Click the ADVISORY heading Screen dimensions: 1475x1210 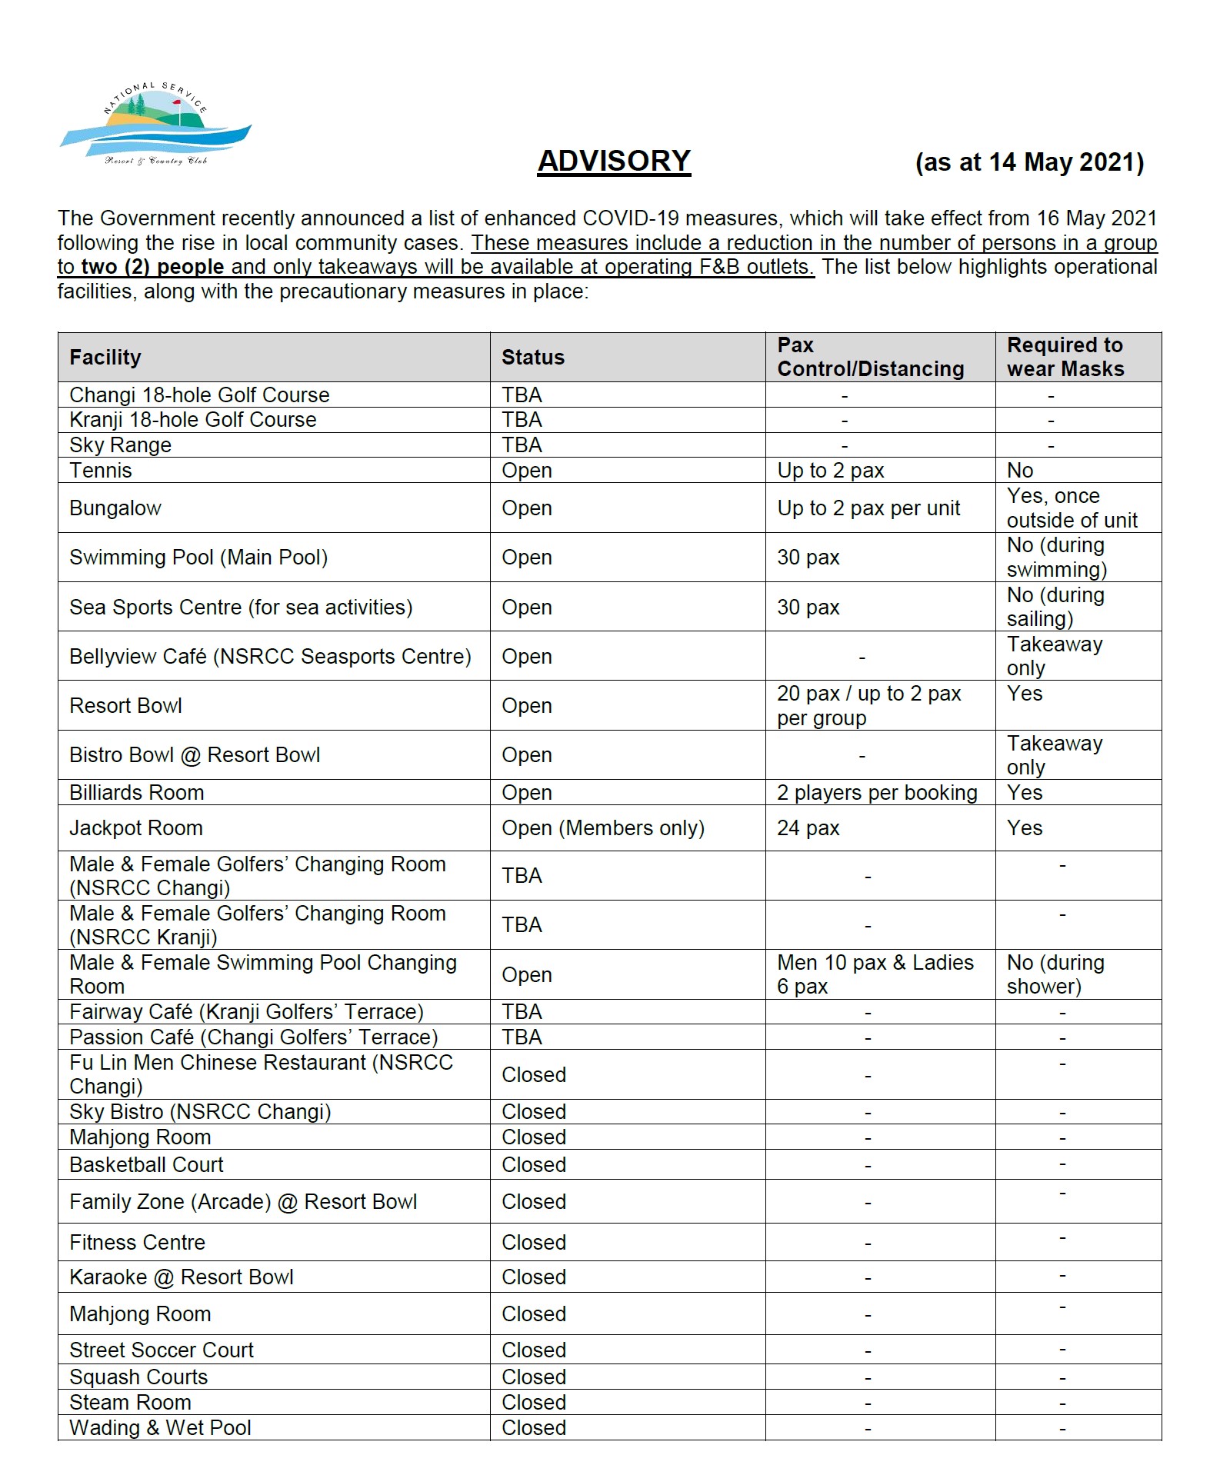[613, 161]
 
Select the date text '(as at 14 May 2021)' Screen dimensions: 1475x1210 [1028, 162]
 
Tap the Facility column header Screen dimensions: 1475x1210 [105, 357]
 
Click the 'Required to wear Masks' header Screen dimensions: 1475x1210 [1065, 357]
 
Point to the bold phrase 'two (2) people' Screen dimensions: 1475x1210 [152, 267]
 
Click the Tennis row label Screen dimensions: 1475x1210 [101, 470]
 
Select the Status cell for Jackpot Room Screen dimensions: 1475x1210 [602, 827]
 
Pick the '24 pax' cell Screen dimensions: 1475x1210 [808, 827]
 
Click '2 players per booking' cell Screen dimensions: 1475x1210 [877, 792]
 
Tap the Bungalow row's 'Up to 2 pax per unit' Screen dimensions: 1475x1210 [868, 508]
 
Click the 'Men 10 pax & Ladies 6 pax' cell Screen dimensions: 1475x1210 [875, 974]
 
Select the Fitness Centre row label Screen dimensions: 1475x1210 [137, 1242]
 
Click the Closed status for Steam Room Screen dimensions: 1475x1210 [533, 1402]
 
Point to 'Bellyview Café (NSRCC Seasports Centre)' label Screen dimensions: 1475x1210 [270, 656]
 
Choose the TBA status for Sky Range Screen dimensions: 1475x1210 [522, 444]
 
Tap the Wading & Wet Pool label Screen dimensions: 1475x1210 [160, 1427]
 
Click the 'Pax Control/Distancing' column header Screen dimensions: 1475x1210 [870, 357]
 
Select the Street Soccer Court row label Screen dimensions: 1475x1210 [161, 1350]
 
